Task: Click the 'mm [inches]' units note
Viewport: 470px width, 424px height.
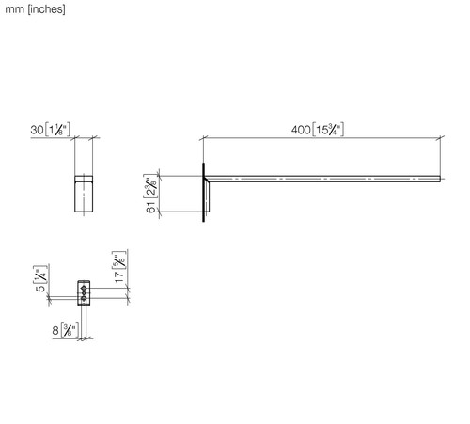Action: coord(35,9)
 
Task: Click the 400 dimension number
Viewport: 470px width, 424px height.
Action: coord(301,130)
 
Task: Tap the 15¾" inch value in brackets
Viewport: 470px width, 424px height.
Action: coord(328,130)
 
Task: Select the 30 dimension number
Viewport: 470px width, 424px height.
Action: coord(37,130)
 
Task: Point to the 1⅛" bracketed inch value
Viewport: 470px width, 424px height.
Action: coord(57,130)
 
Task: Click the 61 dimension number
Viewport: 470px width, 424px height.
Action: coord(150,207)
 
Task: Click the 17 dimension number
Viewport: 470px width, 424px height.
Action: coord(119,277)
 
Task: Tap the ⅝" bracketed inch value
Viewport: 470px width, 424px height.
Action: coord(119,260)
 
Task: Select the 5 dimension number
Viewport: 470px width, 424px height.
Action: coord(40,288)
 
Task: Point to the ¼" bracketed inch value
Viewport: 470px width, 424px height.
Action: coord(40,274)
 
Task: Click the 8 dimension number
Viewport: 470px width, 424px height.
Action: coord(55,330)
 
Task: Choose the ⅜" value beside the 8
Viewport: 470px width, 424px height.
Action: coord(70,330)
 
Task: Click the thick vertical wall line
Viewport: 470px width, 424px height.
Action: coord(204,193)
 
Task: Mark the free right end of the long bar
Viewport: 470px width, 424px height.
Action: coord(440,179)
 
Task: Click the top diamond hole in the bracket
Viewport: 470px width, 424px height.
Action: coord(84,288)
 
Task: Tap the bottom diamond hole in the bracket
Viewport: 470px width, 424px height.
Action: coord(84,298)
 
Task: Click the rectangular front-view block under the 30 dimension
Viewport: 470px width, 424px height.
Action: coord(84,194)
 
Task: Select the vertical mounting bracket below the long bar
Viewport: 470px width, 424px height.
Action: coord(207,196)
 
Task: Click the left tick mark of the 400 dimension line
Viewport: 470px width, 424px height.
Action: coord(204,138)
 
